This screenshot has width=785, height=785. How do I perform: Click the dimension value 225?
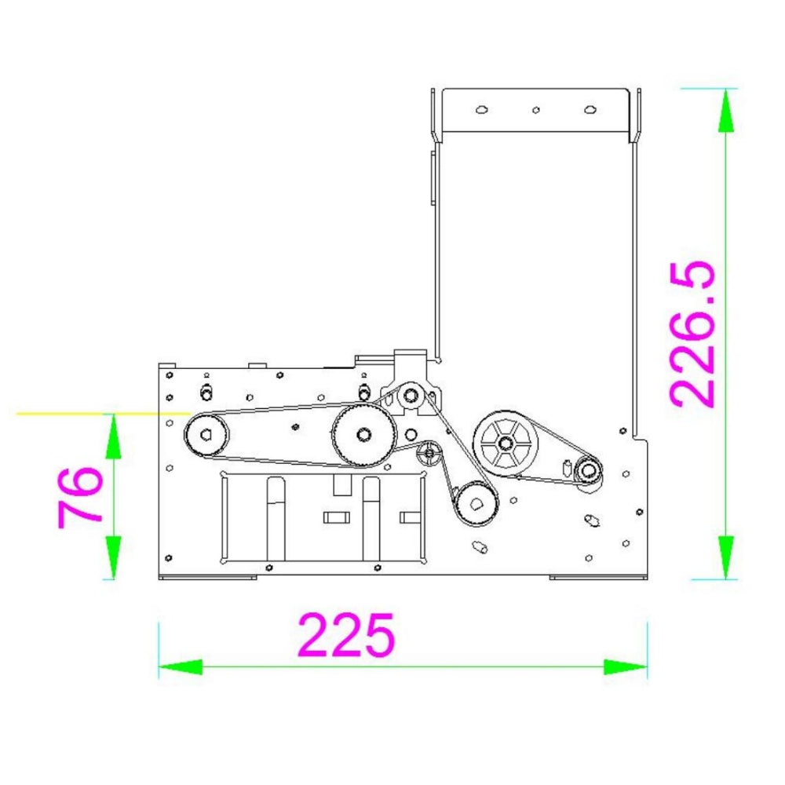(x=346, y=634)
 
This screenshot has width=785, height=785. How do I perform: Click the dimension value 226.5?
(x=693, y=334)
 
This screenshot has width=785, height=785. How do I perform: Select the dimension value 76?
(x=80, y=497)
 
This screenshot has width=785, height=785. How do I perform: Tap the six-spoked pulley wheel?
(x=506, y=443)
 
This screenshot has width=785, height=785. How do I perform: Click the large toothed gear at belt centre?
(x=363, y=435)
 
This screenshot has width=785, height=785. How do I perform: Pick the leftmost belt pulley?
(x=206, y=435)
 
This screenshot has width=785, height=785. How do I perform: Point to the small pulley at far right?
(x=588, y=470)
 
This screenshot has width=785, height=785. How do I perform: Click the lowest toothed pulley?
(x=476, y=504)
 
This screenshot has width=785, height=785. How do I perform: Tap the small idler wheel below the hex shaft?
(x=429, y=454)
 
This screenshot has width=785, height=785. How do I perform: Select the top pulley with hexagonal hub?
(x=411, y=396)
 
